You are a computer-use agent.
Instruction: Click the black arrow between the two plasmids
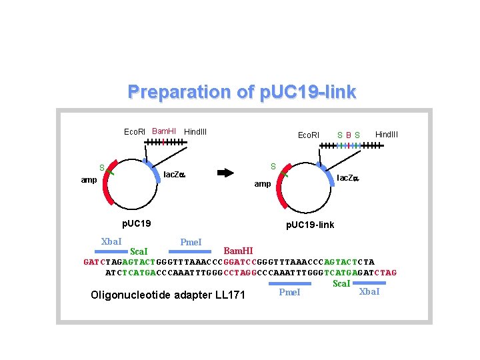(x=227, y=172)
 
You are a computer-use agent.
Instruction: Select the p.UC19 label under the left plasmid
(x=135, y=222)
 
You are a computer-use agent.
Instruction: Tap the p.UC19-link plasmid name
(x=310, y=225)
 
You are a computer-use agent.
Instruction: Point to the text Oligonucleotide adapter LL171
(x=168, y=295)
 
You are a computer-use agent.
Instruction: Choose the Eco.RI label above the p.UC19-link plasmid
(x=308, y=135)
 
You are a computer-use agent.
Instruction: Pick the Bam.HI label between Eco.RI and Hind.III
(x=164, y=131)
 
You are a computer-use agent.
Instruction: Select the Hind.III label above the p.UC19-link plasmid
(x=387, y=134)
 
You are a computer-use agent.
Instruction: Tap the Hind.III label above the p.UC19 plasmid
(x=195, y=131)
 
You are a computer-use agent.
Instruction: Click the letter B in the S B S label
(x=348, y=135)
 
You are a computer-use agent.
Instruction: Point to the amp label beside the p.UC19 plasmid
(x=89, y=179)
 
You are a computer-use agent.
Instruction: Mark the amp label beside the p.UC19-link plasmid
(x=263, y=183)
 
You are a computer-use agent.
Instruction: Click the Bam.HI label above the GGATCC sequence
(x=238, y=251)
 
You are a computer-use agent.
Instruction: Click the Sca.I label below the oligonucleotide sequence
(x=341, y=283)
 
